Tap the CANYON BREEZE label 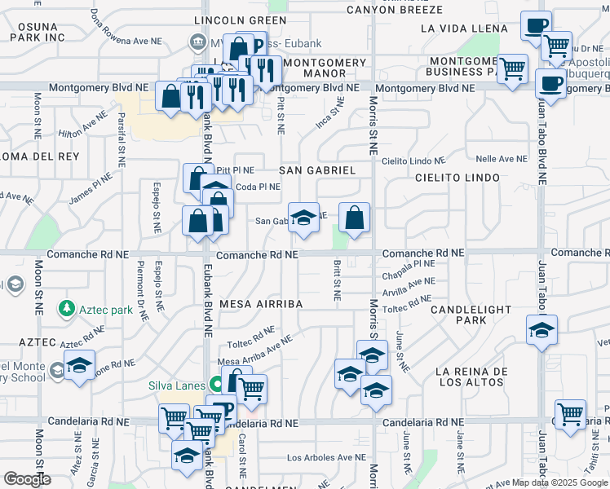point(394,10)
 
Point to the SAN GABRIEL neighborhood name point(317,170)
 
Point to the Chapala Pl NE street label point(408,264)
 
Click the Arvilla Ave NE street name point(409,283)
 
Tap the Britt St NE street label point(337,280)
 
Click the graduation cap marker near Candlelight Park point(541,331)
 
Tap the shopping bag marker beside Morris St point(355,218)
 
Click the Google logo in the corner point(26,479)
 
